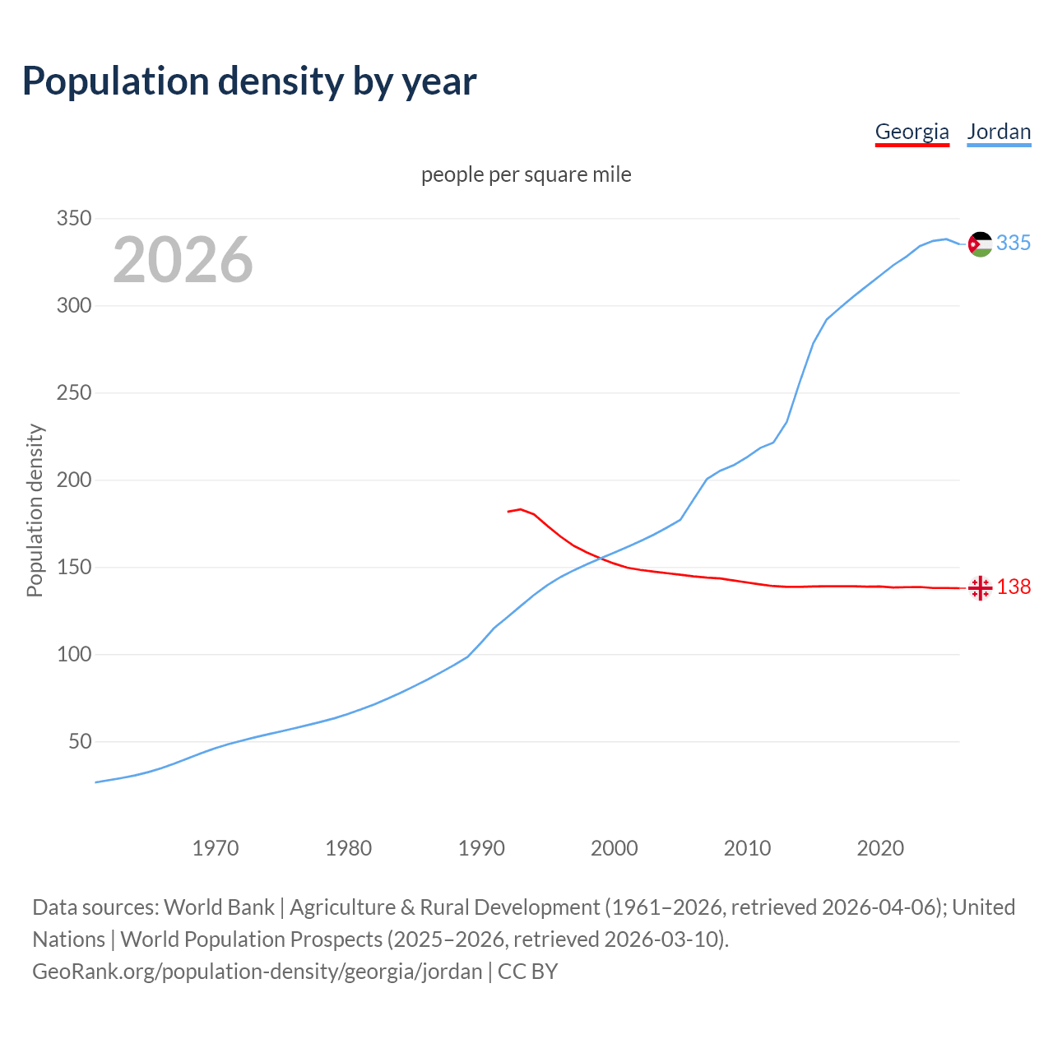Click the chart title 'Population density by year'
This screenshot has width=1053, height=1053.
249,81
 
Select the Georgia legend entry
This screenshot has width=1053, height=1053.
912,132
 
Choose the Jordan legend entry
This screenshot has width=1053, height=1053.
999,132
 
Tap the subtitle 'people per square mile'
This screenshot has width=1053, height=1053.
526,174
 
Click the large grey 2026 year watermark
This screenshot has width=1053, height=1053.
183,260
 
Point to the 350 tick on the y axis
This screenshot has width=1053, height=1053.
73,219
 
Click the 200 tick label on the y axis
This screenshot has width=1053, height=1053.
73,480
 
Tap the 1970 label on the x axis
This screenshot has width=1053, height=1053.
216,847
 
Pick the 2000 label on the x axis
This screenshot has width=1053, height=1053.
615,847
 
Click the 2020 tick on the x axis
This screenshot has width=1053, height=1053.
880,847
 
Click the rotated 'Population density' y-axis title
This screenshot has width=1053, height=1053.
35,510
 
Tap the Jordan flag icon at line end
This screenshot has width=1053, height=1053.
980,244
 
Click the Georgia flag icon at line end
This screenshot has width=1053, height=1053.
980,587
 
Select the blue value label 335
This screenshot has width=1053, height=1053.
1014,244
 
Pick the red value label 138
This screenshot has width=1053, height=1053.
1014,587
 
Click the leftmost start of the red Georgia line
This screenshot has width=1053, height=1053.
508,512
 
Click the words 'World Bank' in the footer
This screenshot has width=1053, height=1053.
219,907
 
